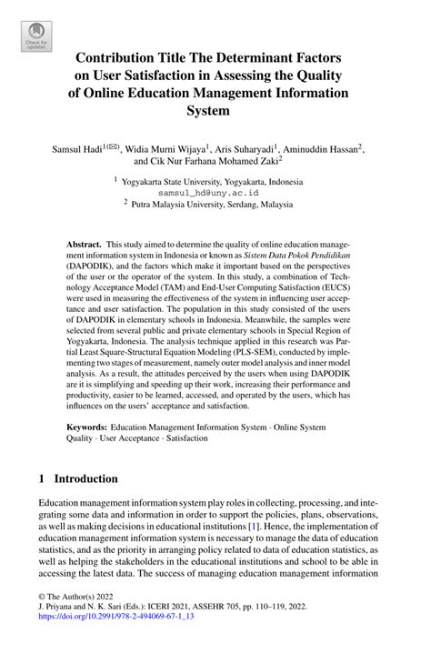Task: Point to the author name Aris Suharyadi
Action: pos(256,148)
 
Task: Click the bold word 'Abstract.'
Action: pos(84,247)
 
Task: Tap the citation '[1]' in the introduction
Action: pos(350,527)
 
